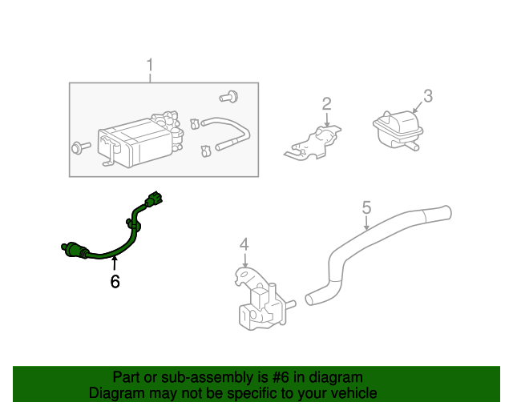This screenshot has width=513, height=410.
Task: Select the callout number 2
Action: pyautogui.click(x=326, y=103)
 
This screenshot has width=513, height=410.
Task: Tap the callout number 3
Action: pyautogui.click(x=428, y=96)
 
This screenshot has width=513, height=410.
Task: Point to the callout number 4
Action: pyautogui.click(x=244, y=244)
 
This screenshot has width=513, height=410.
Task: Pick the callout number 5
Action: pyautogui.click(x=366, y=207)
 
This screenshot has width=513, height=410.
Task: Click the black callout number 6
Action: pyautogui.click(x=115, y=281)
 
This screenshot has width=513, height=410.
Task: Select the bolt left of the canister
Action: pyautogui.click(x=79, y=147)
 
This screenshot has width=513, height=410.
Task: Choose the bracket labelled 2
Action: pyautogui.click(x=315, y=142)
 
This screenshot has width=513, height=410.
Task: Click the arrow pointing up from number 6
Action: pyautogui.click(x=115, y=263)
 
